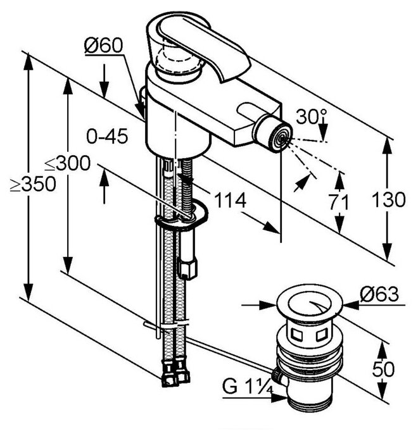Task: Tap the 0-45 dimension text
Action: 108,135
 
